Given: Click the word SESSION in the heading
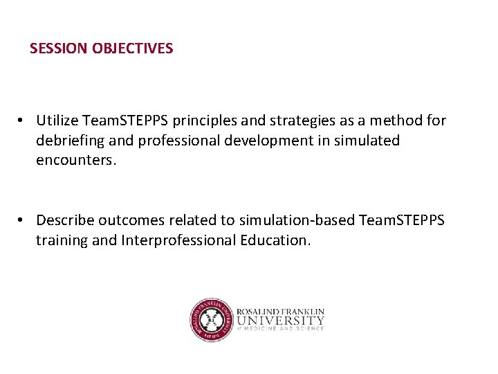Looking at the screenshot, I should (x=58, y=48).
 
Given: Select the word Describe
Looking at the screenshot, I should (x=64, y=220).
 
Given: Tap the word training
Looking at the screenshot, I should (x=62, y=240).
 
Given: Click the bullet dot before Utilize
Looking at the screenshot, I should (x=23, y=121).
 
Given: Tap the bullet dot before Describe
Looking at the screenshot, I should (x=23, y=220).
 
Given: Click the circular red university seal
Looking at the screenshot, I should (x=211, y=320).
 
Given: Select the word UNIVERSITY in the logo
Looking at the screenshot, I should (x=280, y=321).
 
